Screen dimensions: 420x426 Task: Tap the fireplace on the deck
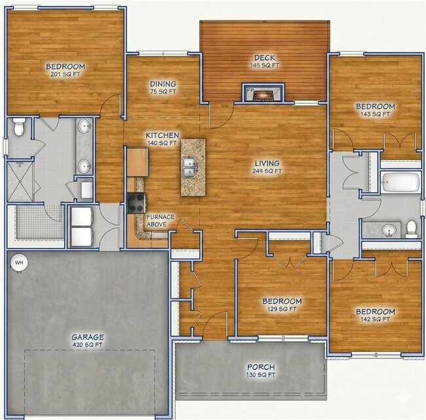[x=264, y=94]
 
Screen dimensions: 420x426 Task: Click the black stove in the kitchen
[x=136, y=203]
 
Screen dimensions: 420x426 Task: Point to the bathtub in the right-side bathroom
[x=400, y=182]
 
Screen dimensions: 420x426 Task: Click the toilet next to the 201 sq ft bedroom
[x=19, y=127]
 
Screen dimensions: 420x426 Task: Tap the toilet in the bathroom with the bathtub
[x=411, y=228]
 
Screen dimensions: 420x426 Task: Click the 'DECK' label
[x=264, y=56]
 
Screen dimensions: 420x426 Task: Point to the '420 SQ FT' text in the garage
[x=88, y=345]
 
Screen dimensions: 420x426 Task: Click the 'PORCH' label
[x=261, y=366]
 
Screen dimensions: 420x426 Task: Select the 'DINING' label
[x=163, y=84]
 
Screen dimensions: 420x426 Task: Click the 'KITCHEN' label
[x=162, y=135]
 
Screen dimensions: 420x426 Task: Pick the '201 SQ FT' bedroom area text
[x=66, y=75]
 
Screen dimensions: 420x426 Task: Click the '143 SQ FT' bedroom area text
[x=375, y=114]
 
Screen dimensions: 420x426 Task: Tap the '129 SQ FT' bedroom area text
[x=282, y=308]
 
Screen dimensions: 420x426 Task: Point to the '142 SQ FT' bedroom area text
[x=375, y=320]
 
